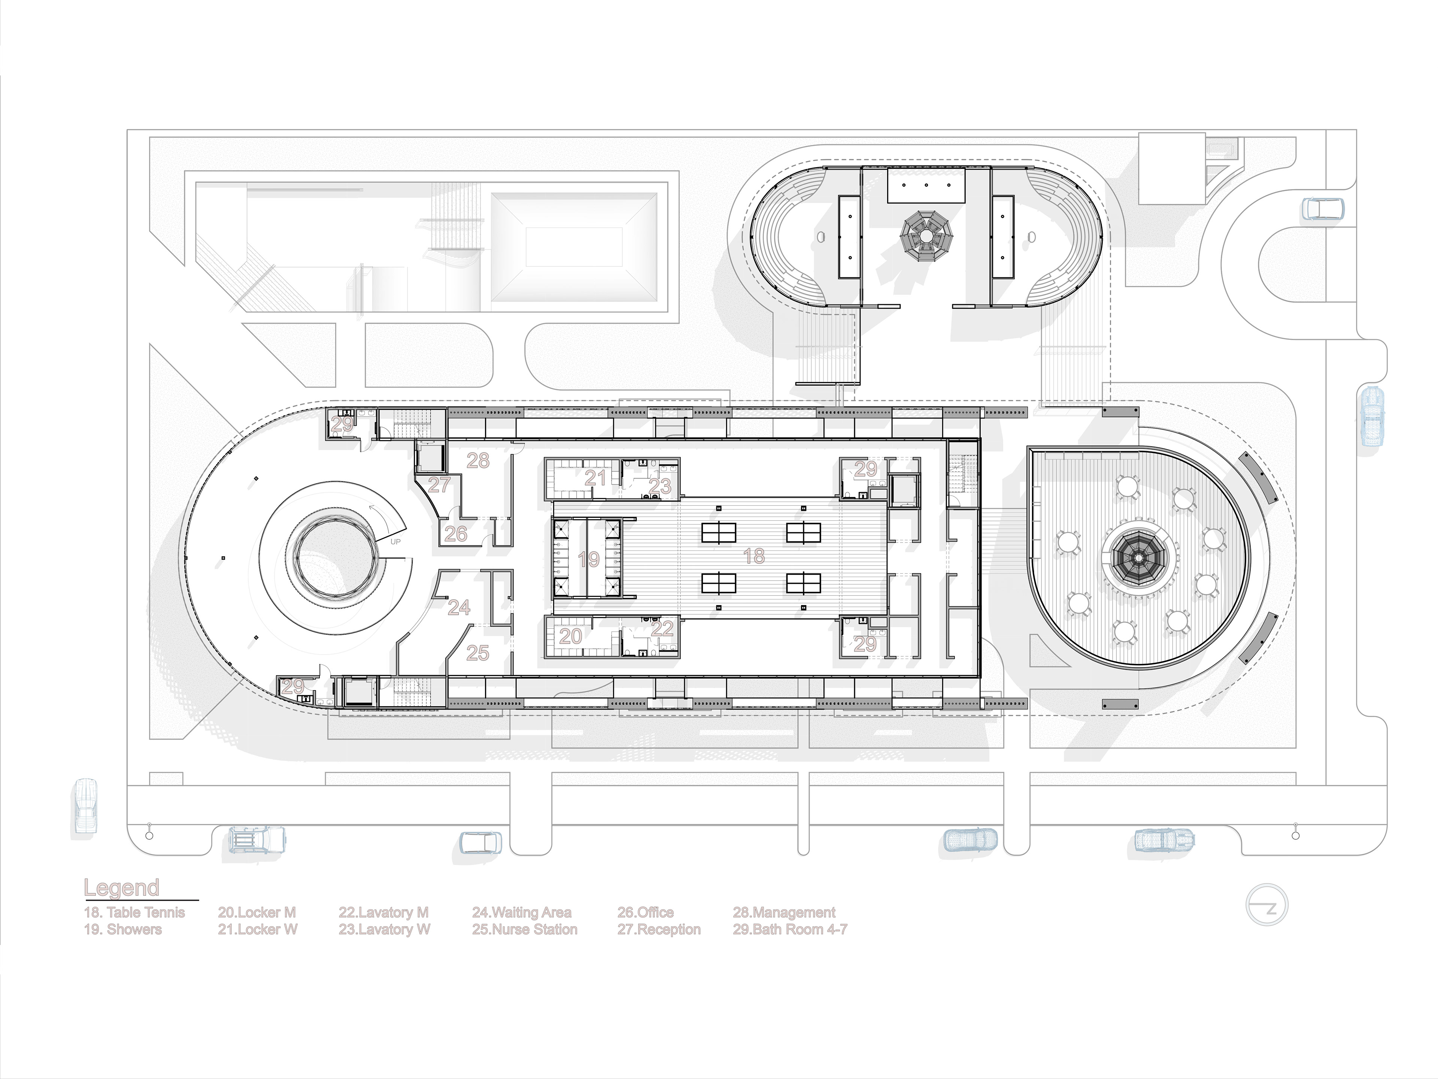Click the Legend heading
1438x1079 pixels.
pos(122,888)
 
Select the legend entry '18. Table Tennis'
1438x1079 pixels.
pos(134,913)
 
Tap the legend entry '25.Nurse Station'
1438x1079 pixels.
pos(525,930)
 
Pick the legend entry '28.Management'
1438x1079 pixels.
pos(784,913)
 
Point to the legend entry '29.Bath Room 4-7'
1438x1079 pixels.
pos(790,930)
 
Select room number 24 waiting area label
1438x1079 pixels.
pos(459,607)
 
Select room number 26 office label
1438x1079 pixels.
pos(456,534)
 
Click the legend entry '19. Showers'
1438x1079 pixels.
pos(123,930)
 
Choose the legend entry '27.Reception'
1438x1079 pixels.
pos(659,930)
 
